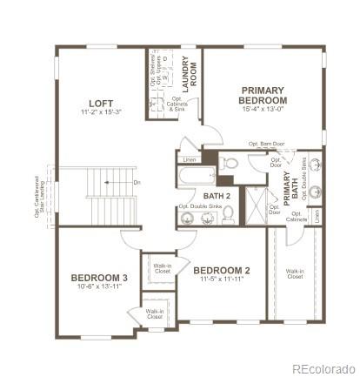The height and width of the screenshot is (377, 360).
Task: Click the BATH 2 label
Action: (x=217, y=197)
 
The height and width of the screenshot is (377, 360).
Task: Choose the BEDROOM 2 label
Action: (x=222, y=269)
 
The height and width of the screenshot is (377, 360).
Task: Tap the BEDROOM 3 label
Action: (x=99, y=278)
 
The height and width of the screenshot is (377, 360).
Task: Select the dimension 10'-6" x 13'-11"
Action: (x=99, y=287)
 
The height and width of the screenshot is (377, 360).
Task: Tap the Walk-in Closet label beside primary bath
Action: (x=295, y=273)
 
